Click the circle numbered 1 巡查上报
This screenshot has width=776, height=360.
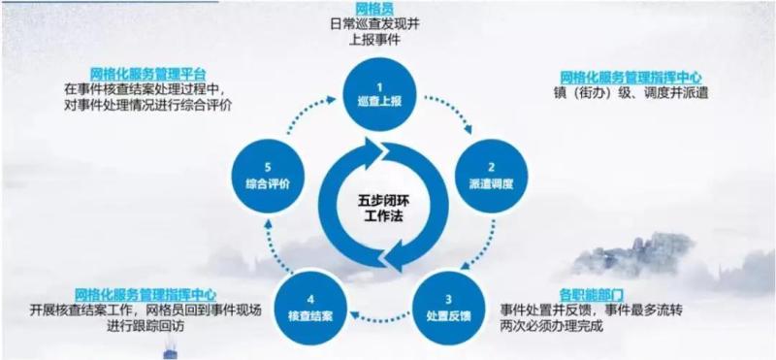[x=379, y=95]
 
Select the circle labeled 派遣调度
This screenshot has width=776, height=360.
[x=491, y=177]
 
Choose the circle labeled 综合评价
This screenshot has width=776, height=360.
[x=268, y=177]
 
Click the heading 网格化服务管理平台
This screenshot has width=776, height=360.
[x=148, y=75]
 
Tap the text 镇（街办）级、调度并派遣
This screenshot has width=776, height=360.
[x=630, y=92]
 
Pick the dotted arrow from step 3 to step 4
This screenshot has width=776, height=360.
[x=379, y=315]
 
